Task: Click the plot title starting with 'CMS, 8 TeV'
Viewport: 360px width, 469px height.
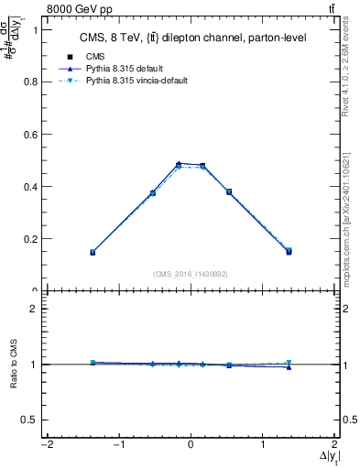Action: coord(191,38)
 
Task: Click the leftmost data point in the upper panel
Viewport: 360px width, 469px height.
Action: coord(93,252)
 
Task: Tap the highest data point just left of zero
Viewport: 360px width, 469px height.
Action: coord(179,164)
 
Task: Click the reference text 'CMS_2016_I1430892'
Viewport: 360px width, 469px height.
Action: coord(191,273)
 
